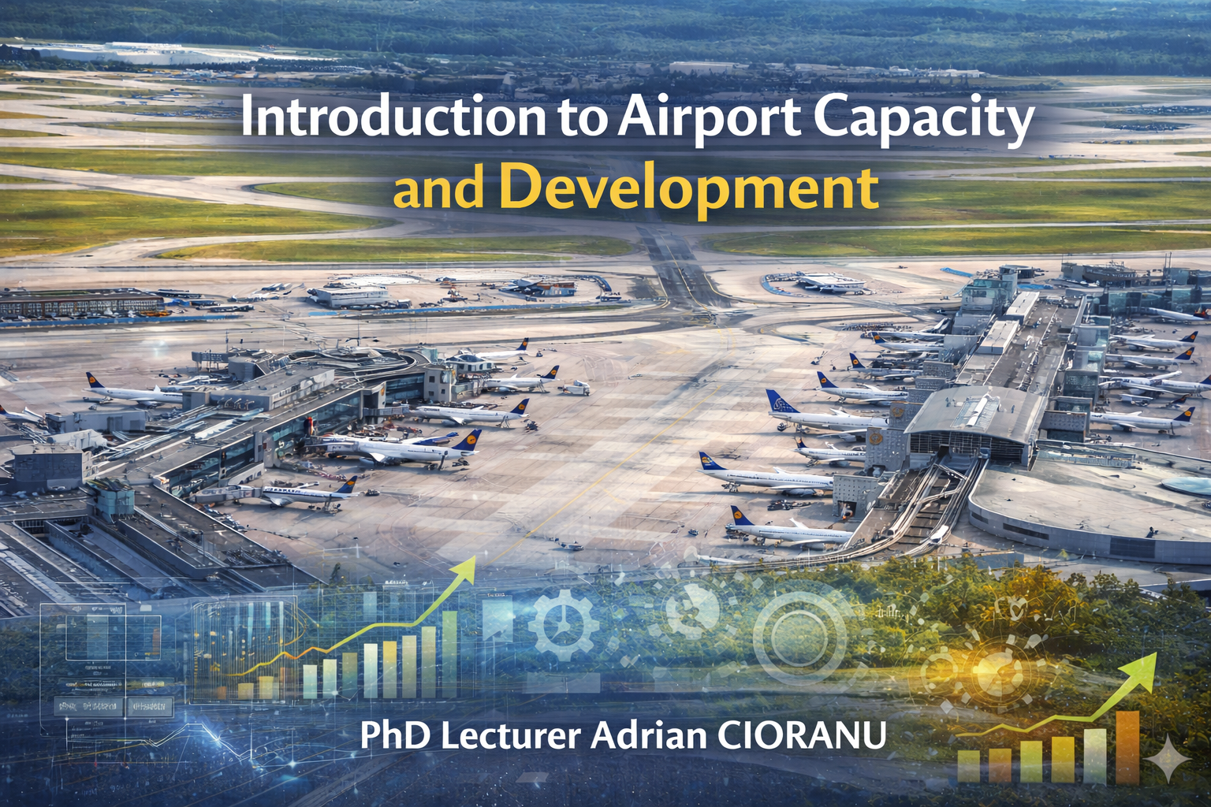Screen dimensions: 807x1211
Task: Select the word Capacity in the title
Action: point(923,121)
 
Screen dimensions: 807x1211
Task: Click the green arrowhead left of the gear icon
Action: point(465,567)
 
